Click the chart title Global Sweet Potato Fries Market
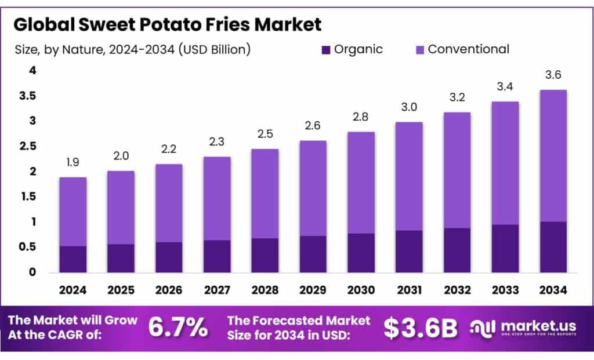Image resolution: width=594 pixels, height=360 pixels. click(x=166, y=24)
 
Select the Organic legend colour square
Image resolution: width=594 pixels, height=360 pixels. click(x=325, y=50)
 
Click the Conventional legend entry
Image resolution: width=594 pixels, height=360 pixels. click(x=468, y=49)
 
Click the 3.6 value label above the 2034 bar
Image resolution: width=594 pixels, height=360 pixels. click(x=553, y=75)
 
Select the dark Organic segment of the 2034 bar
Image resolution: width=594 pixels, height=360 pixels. click(x=553, y=247)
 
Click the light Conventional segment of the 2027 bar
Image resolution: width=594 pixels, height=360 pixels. click(x=217, y=198)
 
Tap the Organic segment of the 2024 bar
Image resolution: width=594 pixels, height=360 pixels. click(x=73, y=259)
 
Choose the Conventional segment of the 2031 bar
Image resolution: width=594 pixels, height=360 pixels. click(x=409, y=176)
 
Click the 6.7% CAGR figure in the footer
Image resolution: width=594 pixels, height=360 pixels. click(x=178, y=328)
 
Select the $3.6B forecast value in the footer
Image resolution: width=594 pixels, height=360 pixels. click(x=421, y=328)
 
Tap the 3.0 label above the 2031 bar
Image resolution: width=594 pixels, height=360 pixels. click(x=409, y=107)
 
